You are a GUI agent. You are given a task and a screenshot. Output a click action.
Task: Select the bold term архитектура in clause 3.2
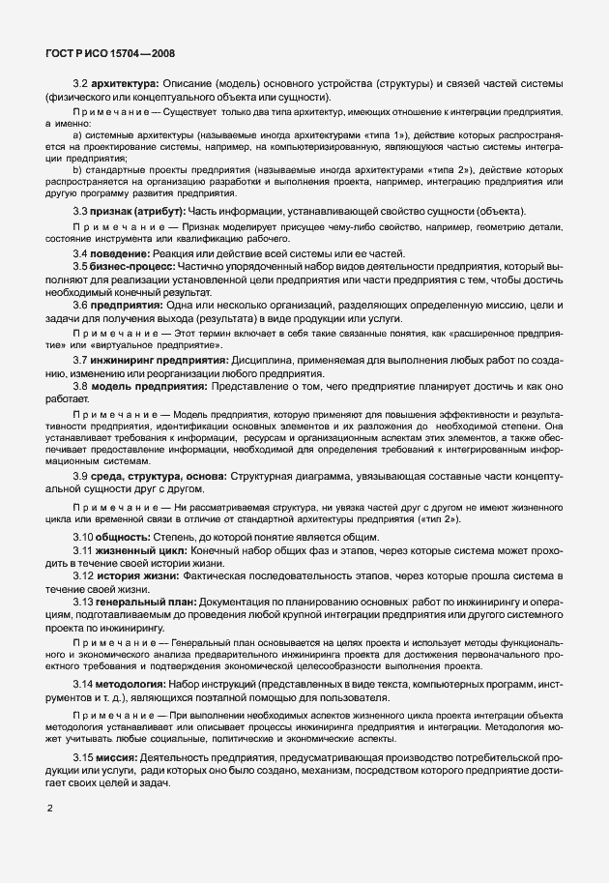coord(126,84)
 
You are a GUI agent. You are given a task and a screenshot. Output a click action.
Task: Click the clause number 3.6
coord(81,305)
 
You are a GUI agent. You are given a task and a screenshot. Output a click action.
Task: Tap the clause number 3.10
coord(84,537)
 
